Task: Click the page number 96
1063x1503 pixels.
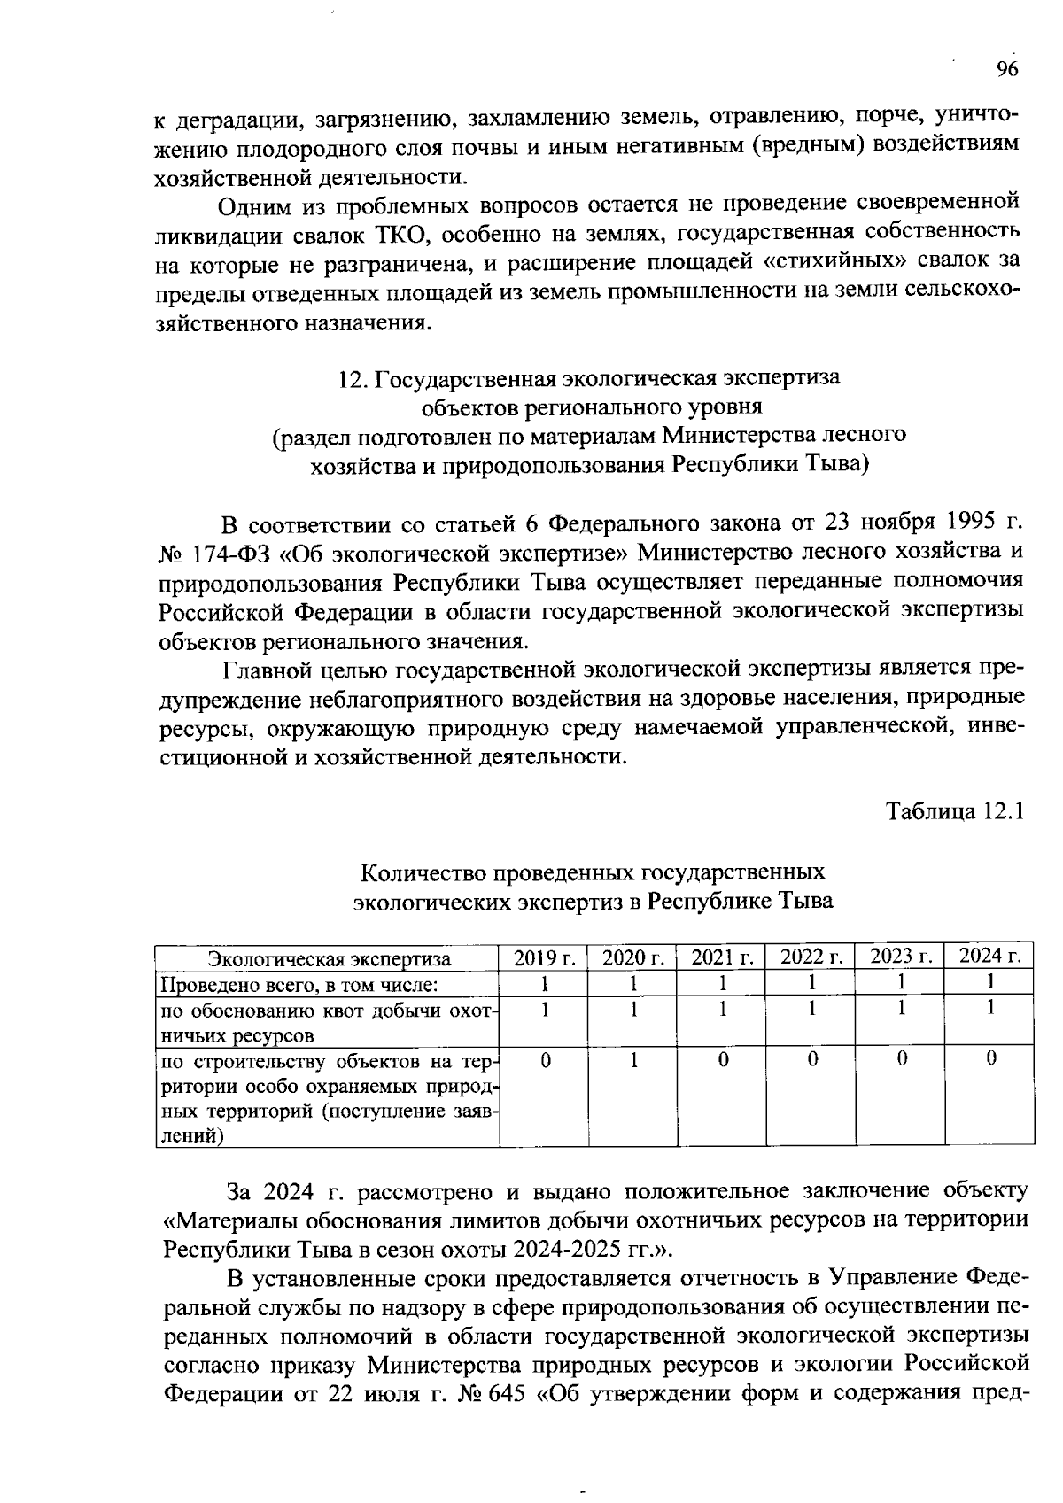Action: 1006,70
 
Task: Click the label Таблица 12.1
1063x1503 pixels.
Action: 956,811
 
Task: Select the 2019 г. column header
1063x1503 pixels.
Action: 545,957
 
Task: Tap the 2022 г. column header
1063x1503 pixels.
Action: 811,957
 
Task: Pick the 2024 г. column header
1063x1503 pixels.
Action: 990,956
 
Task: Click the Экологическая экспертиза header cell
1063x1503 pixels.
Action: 329,958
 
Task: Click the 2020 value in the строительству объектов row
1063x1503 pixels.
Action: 634,1058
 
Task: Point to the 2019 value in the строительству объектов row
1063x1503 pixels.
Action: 546,1058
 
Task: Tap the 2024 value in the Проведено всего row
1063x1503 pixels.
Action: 990,981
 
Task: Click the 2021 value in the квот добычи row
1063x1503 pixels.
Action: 723,1008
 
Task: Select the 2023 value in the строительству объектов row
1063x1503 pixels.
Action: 901,1058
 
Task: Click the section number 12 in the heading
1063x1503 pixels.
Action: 349,378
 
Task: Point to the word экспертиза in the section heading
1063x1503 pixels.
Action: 782,378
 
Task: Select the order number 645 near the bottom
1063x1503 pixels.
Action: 508,1393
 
